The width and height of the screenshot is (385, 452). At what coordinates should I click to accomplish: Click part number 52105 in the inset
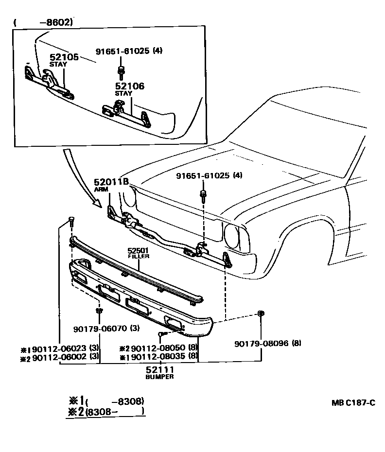coord(64,57)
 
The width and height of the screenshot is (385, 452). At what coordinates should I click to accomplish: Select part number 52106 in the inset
coord(129,86)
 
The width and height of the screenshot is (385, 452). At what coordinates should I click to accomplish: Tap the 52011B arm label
coord(111,182)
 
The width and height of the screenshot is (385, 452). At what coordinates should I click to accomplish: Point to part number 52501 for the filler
coord(138,250)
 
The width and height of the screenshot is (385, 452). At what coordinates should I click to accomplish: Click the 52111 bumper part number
coord(159,370)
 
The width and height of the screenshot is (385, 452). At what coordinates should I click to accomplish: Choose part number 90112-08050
coord(161,348)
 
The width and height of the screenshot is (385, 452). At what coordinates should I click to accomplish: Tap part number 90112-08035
coord(161,356)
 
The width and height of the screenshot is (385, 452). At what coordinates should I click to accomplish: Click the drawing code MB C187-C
coord(354,402)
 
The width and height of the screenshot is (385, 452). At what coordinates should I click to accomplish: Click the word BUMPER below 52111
coord(159,377)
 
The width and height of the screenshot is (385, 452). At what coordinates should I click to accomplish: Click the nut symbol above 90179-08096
coord(261,313)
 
